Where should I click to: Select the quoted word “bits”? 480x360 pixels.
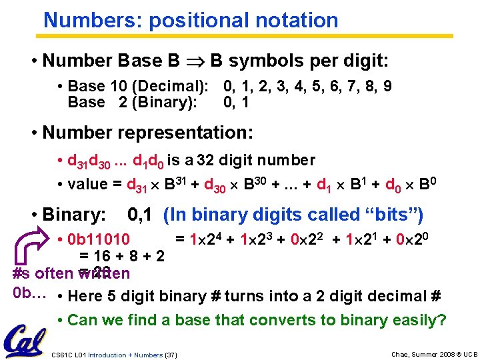[x=396, y=215]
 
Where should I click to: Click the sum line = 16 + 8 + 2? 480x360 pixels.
[x=123, y=255]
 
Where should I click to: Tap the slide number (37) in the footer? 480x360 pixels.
[x=171, y=355]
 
